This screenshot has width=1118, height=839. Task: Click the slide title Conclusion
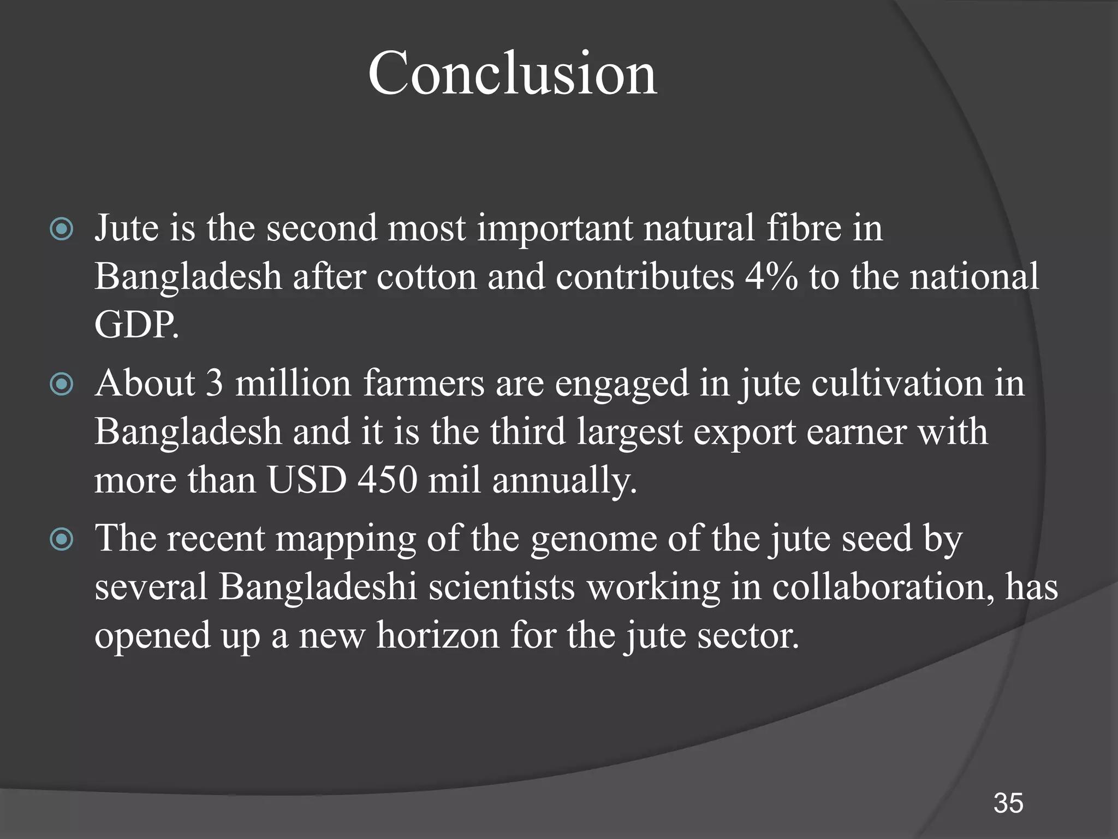[x=512, y=73]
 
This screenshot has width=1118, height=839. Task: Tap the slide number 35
[x=1008, y=803]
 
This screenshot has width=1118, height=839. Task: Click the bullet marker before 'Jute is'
[x=61, y=229]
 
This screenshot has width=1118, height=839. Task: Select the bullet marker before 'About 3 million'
[x=61, y=385]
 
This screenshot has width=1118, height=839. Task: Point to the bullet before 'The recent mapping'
[x=61, y=540]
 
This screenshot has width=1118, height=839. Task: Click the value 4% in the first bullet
[x=771, y=276]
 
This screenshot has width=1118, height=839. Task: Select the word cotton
[x=426, y=276]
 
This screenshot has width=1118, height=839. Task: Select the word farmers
[x=424, y=383]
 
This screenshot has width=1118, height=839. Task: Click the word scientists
[x=502, y=588]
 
